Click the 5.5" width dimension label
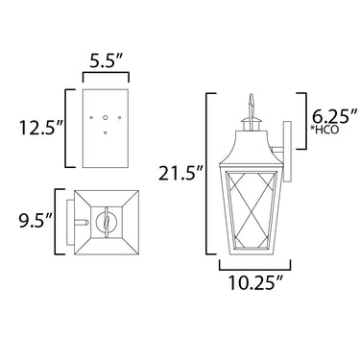[107, 60]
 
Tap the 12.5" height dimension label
[40, 128]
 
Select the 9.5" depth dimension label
[36, 221]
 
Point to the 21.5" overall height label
[180, 174]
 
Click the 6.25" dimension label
[334, 116]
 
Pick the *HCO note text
[324, 130]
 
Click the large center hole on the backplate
[106, 117]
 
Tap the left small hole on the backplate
[91, 117]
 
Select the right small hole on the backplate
[120, 117]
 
